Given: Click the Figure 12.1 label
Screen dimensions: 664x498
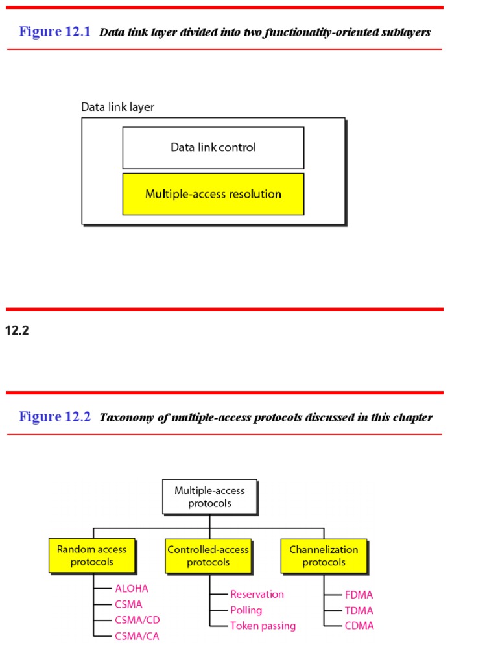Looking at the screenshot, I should click(55, 32).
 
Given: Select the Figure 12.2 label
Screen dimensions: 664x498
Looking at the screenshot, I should click(55, 416).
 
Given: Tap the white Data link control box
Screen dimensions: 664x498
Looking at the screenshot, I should click(213, 148).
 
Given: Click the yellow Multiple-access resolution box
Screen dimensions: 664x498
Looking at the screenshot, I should click(213, 194).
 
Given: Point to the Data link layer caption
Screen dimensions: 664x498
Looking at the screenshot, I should click(117, 107).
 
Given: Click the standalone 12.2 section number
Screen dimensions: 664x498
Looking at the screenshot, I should click(18, 331).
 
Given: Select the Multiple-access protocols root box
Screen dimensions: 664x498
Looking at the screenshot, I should click(209, 497).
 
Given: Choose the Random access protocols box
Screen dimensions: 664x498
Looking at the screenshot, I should click(92, 556).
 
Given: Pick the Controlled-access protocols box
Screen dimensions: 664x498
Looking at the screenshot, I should click(208, 556).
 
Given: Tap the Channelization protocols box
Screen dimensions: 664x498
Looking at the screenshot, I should click(324, 556).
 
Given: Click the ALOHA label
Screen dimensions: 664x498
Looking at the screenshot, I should click(132, 589).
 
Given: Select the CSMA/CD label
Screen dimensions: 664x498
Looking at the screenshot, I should click(137, 620).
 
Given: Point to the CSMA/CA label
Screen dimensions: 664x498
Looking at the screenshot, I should click(137, 636).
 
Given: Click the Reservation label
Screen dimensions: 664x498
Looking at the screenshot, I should click(257, 594).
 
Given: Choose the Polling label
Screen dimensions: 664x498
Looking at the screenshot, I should click(246, 610).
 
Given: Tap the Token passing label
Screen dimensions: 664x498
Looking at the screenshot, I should click(263, 626).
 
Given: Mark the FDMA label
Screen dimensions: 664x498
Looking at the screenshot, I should click(359, 595).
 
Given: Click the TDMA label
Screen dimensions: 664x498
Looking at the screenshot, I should click(359, 610).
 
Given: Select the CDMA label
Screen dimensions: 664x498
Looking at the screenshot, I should click(359, 626).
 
